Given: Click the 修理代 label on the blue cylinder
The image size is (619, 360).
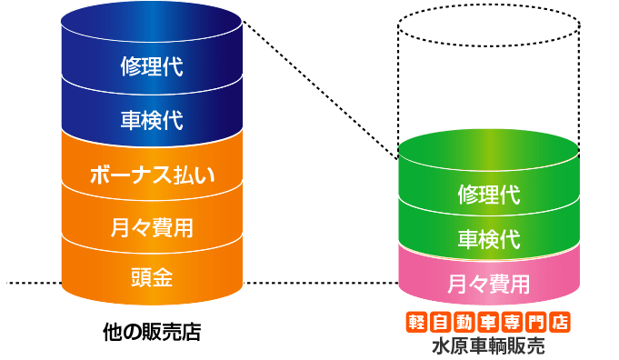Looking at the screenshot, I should pyautogui.click(x=152, y=67).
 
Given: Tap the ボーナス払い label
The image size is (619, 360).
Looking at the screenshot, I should pyautogui.click(x=152, y=175).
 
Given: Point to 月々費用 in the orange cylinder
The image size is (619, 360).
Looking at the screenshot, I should pyautogui.click(x=152, y=225).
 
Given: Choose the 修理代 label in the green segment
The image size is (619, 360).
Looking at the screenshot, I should pyautogui.click(x=488, y=195).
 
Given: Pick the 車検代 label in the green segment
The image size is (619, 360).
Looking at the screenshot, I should pyautogui.click(x=488, y=239).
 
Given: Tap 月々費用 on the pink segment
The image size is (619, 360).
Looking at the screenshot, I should pyautogui.click(x=488, y=283).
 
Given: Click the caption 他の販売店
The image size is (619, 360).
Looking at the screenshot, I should pyautogui.click(x=152, y=333).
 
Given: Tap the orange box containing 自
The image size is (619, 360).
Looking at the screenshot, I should pyautogui.click(x=441, y=321).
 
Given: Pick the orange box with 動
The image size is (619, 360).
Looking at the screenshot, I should pyautogui.click(x=464, y=321).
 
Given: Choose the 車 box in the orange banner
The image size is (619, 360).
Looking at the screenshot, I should pyautogui.click(x=488, y=321).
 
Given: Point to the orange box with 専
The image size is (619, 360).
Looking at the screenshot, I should pyautogui.click(x=512, y=321).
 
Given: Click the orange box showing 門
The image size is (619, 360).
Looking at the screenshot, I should pyautogui.click(x=535, y=321).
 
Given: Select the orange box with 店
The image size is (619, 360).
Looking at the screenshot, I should pyautogui.click(x=559, y=321).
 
